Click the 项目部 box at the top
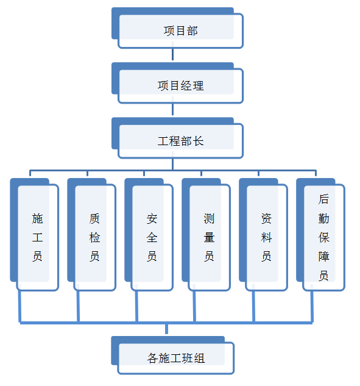177,28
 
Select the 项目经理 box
177,83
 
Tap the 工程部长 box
177,138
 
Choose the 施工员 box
35,235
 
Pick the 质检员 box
92,235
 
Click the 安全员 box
149,235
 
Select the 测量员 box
206,235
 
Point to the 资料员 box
263,235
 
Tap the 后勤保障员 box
320,235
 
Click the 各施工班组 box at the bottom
172,356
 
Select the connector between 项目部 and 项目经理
172,54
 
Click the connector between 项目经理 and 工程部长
172,109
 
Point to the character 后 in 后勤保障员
323,199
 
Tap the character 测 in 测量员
209,218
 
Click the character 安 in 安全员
152,218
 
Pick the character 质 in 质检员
94,218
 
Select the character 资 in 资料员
266,218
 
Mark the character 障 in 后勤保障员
323,257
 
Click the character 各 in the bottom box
152,358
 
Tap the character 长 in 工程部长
198,141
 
